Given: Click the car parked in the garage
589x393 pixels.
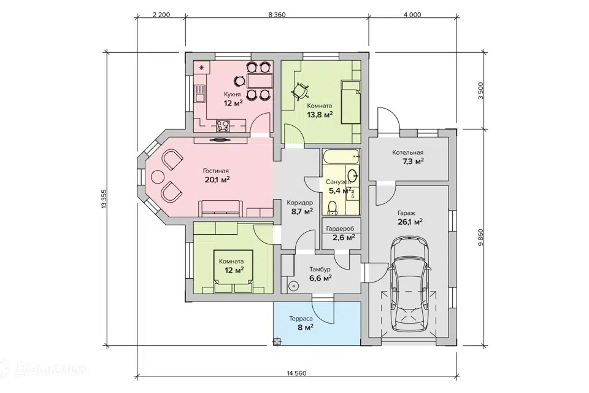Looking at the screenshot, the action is [409, 284].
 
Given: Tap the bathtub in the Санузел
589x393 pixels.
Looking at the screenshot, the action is [341, 157].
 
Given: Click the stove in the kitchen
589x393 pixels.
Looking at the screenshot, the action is [222, 126].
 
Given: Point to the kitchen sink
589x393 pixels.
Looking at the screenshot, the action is [199, 93].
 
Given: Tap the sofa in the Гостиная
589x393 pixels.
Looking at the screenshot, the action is [220, 208].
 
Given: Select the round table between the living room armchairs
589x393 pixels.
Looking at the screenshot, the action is [158, 176].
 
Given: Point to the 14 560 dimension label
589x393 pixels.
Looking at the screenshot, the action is [296, 373].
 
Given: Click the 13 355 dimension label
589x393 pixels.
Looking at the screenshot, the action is [104, 198].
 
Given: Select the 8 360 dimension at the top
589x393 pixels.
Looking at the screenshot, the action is [277, 15].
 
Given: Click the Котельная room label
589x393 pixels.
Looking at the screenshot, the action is [407, 153].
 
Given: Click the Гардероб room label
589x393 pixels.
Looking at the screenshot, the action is [340, 228].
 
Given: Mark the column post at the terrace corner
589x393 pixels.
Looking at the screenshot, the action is [277, 342].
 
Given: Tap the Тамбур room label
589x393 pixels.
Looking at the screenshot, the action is [320, 270].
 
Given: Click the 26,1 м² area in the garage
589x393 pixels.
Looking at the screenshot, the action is [410, 222].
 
